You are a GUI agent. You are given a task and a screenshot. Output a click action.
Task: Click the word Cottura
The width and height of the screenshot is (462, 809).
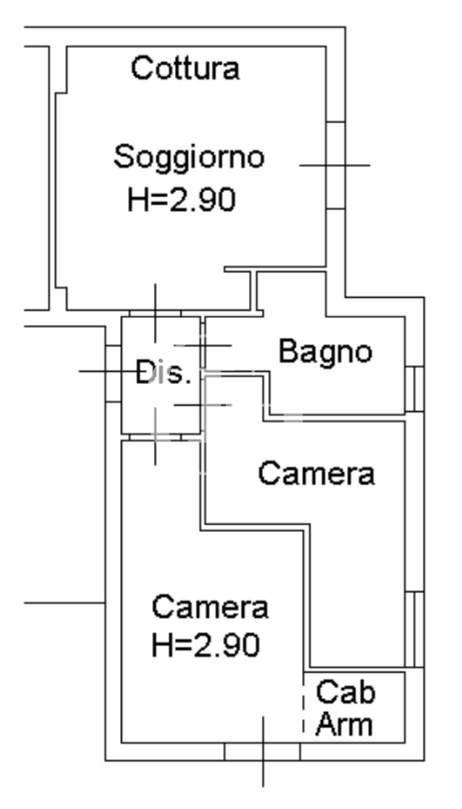186,69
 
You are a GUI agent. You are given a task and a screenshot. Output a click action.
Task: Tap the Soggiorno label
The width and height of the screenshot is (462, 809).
189,158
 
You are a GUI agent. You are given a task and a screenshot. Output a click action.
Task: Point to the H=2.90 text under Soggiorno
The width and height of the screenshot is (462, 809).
181,199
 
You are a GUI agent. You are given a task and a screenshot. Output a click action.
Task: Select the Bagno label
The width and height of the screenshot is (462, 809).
325,353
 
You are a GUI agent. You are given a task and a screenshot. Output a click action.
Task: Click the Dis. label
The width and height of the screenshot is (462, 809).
163,373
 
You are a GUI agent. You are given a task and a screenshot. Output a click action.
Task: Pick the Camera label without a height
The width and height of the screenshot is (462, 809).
317,474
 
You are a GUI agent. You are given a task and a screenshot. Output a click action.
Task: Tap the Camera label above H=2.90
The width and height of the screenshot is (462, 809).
210,607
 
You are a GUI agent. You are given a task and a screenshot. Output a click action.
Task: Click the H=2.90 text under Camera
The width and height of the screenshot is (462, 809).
205,645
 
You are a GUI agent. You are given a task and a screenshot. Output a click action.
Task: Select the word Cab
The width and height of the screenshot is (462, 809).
345,692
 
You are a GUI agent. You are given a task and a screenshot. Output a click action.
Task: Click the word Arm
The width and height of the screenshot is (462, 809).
344,724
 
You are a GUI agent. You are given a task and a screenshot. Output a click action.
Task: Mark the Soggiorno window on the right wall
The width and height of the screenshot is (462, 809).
336,165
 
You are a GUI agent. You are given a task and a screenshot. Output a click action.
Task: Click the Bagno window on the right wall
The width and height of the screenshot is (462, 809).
414,389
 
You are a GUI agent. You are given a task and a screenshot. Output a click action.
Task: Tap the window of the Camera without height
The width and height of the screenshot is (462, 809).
414,629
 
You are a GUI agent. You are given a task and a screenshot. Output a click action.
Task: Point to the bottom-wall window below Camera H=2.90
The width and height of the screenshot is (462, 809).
263,751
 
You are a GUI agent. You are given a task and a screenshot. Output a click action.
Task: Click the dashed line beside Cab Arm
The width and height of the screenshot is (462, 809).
303,708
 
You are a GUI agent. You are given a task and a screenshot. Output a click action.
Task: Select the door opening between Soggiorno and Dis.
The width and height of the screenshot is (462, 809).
155,314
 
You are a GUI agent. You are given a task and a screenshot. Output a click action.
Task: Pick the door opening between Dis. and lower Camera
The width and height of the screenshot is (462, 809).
155,437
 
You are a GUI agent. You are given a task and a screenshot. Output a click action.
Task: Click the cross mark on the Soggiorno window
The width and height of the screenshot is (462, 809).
335,165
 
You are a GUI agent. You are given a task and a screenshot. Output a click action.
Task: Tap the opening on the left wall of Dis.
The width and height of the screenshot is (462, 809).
113,374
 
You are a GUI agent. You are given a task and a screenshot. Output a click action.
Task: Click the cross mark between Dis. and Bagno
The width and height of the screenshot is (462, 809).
203,346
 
